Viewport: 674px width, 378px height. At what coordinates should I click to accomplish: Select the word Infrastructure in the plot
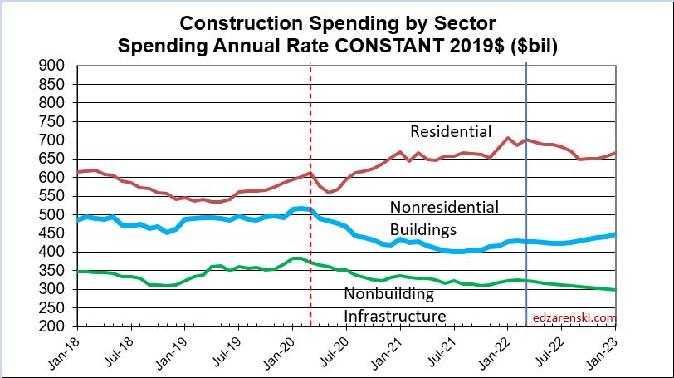click(x=395, y=316)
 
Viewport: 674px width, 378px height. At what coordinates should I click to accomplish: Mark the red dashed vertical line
click(x=310, y=249)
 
